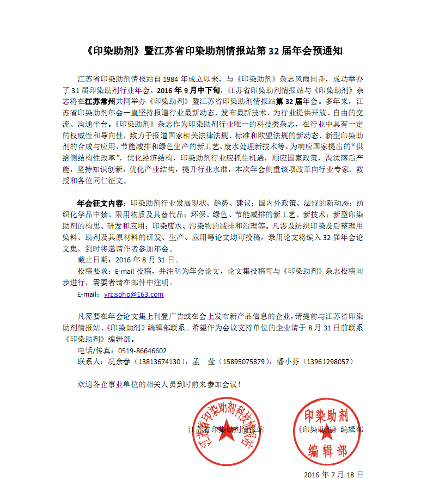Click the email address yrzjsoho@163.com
133,294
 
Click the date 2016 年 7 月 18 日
333,474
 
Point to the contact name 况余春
115,361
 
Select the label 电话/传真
93,351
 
